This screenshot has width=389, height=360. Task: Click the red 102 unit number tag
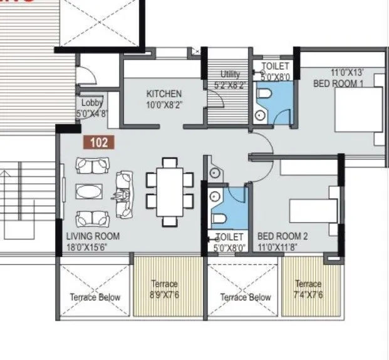pyautogui.click(x=98, y=142)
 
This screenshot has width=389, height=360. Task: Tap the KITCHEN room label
pyautogui.click(x=163, y=94)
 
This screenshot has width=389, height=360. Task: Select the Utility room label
pyautogui.click(x=229, y=74)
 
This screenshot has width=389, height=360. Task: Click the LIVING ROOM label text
pyautogui.click(x=93, y=236)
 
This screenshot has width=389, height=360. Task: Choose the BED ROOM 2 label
pyautogui.click(x=283, y=236)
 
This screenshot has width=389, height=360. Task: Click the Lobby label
pyautogui.click(x=91, y=103)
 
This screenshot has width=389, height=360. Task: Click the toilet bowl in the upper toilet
pyautogui.click(x=264, y=95)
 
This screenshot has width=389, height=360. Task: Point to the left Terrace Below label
pyautogui.click(x=95, y=297)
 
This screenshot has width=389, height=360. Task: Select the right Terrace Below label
pyautogui.click(x=246, y=297)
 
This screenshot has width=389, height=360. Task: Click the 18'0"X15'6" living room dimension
pyautogui.click(x=91, y=248)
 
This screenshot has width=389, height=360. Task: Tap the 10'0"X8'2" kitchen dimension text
pyautogui.click(x=164, y=105)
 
